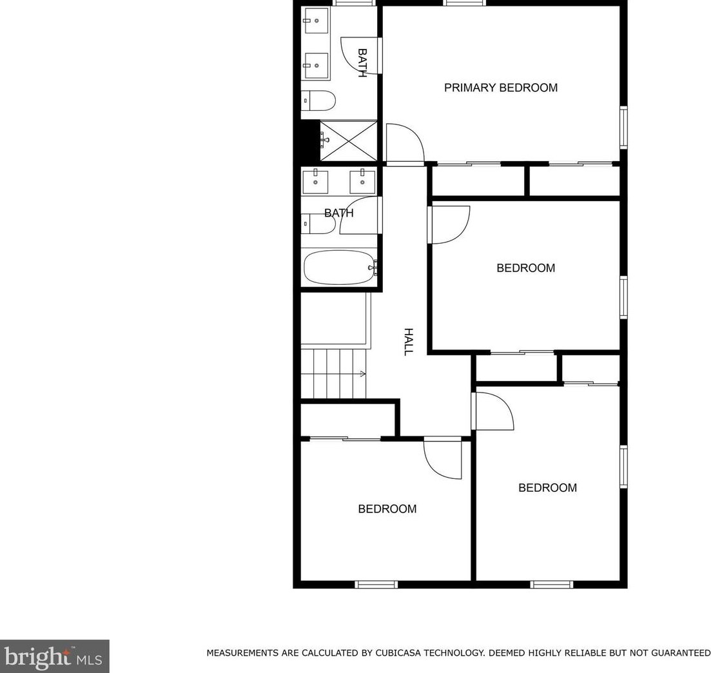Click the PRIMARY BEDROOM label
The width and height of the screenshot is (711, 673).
500,88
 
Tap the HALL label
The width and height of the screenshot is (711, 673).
408,342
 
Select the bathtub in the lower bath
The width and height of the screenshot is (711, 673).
339,267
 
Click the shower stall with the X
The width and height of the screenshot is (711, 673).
348,141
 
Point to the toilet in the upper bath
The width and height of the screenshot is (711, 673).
319,101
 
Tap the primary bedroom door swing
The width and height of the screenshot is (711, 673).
403,143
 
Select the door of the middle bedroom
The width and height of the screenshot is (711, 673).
449,224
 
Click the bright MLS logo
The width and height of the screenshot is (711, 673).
55,657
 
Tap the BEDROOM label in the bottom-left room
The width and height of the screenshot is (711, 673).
387,509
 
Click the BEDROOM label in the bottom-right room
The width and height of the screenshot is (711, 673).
547,488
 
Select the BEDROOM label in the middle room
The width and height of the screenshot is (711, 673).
525,268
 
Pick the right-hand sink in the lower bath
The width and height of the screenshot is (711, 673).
362,181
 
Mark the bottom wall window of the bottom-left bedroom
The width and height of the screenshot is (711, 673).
376,585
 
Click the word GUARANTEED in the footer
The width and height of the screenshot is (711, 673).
674,653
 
